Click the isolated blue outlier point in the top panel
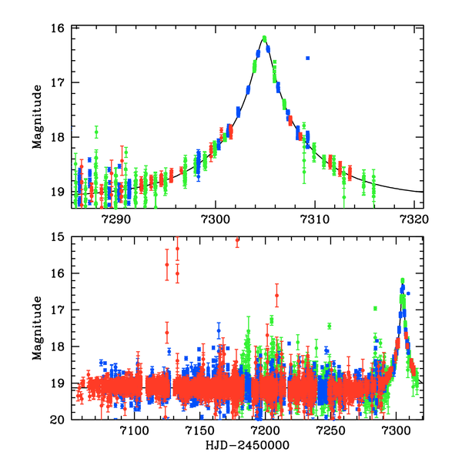click(308, 58)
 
